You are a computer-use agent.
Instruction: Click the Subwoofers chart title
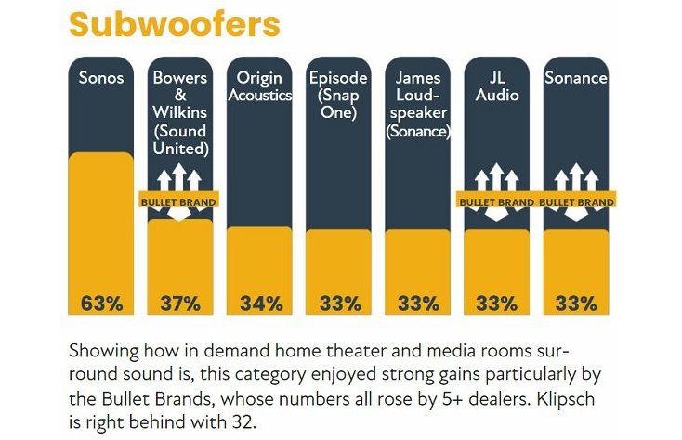pos(174,25)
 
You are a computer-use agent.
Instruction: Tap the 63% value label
pos(100,304)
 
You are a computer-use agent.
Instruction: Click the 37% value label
pos(180,304)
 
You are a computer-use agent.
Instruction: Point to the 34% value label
pos(260,304)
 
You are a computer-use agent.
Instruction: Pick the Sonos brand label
pos(100,78)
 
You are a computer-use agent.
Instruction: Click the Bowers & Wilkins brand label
pos(180,112)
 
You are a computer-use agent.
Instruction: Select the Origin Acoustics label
pos(260,87)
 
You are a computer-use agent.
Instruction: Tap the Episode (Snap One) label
pos(339,96)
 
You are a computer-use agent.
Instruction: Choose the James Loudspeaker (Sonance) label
pos(418,104)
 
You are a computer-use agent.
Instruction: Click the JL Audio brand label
pos(496,86)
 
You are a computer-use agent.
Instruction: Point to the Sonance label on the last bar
pos(576,78)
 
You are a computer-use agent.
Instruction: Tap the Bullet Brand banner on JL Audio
pos(496,201)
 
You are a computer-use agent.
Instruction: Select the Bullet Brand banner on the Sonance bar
pos(576,201)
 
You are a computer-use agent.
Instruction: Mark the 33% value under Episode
pos(339,304)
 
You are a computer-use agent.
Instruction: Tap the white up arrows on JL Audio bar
pos(496,177)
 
